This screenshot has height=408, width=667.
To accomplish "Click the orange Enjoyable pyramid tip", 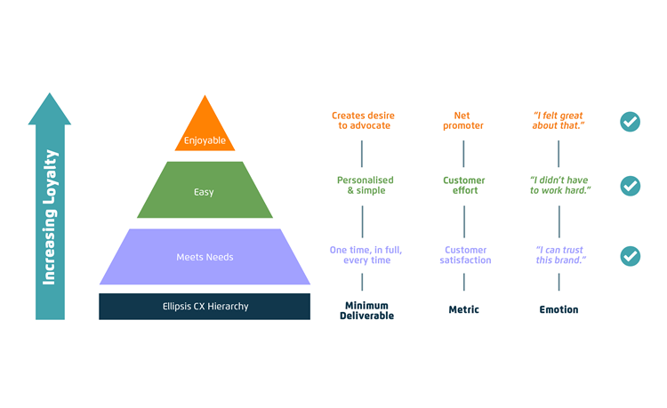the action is tap(205, 127).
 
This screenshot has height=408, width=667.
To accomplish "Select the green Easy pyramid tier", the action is tap(205, 189).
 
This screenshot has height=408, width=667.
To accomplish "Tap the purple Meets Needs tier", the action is tap(205, 257).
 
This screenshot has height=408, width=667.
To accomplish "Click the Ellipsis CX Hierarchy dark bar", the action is tap(205, 307).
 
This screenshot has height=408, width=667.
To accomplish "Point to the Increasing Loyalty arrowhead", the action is tap(49, 108).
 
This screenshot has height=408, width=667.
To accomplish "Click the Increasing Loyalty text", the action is tap(49, 217).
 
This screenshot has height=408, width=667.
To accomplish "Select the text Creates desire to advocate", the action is tap(363, 120).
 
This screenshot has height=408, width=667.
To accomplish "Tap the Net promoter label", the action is tap(462, 120).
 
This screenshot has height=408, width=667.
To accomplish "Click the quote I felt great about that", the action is tap(559, 120).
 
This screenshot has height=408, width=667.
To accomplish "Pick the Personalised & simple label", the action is tap(366, 185).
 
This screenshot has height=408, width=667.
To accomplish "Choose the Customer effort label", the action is tap(464, 185).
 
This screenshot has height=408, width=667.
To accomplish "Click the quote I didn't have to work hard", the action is tap(559, 185).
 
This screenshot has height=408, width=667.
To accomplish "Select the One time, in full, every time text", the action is tap(366, 255).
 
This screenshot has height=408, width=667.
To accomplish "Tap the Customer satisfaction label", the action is tap(465, 255).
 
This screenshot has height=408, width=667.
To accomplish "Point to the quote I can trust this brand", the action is tap(560, 255).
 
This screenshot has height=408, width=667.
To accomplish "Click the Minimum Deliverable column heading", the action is tap(366, 311).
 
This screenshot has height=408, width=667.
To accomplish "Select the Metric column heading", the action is tap(463, 309).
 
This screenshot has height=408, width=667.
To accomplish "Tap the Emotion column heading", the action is tap(559, 309).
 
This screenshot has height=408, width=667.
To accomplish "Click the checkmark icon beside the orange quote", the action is tap(630, 122).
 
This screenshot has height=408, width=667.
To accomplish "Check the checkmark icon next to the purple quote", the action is tap(630, 256).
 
